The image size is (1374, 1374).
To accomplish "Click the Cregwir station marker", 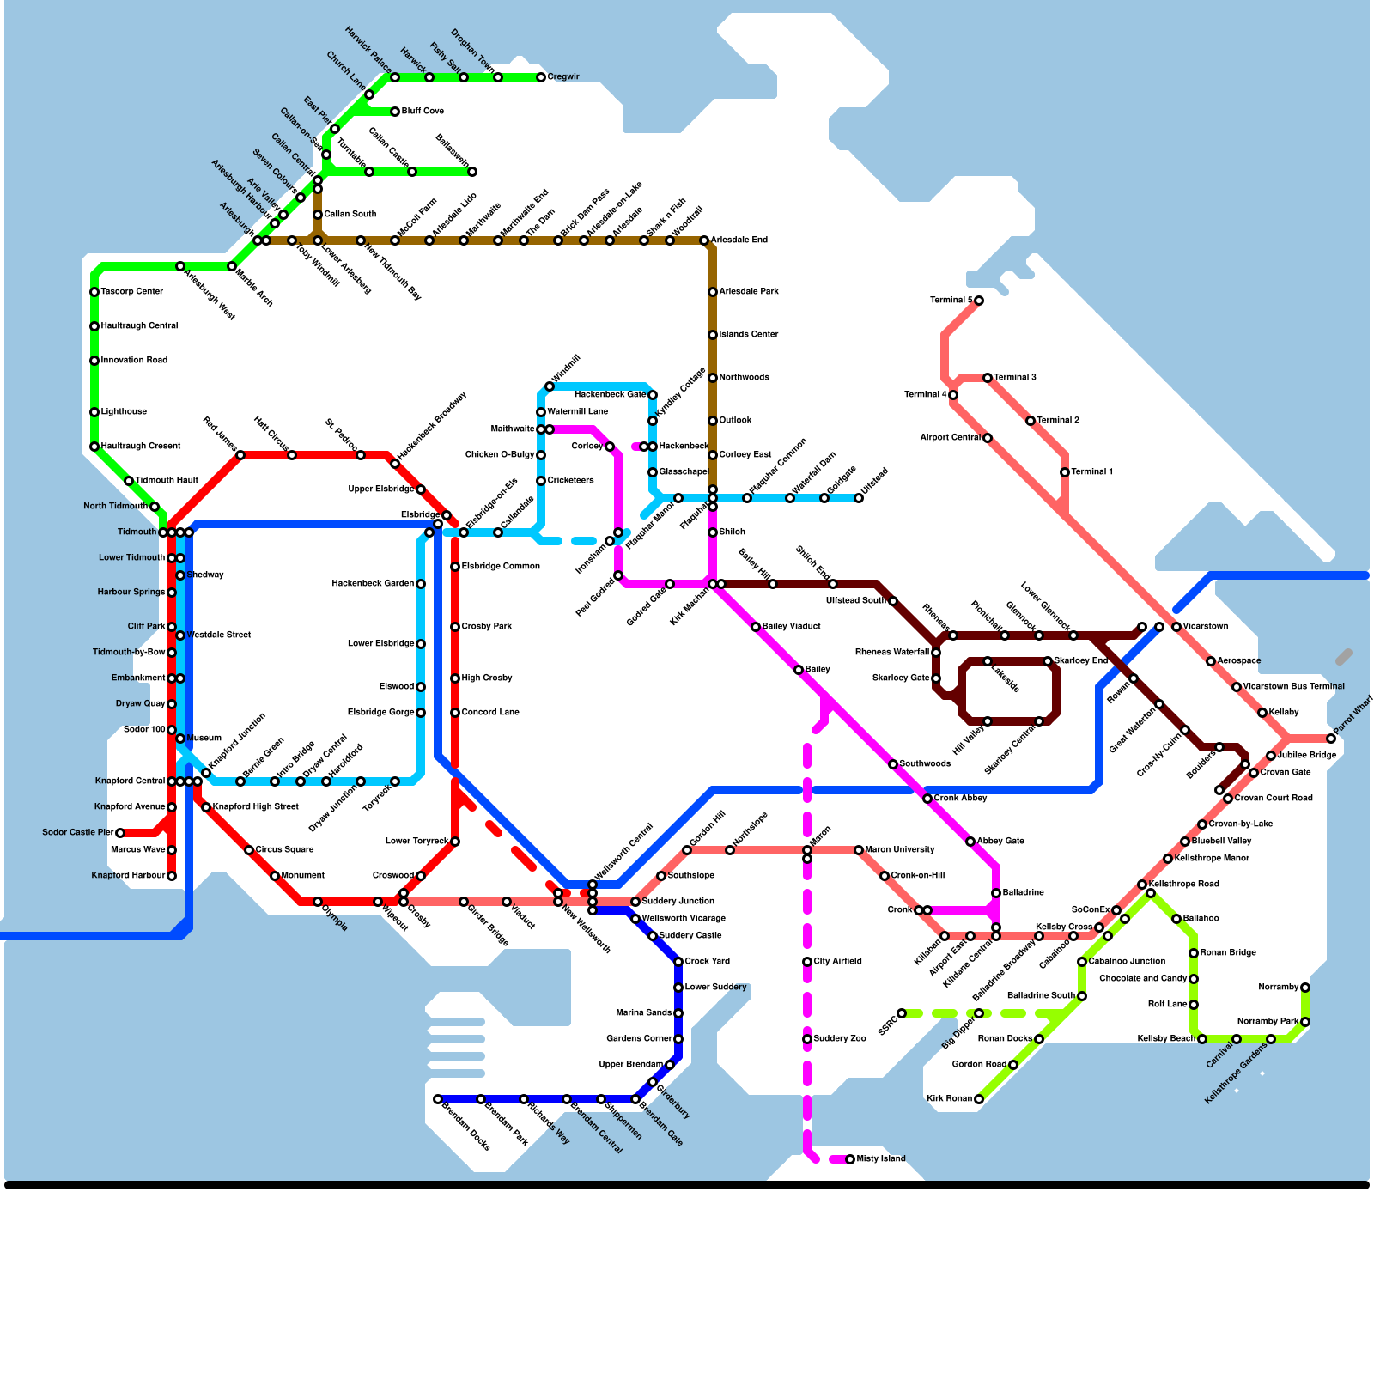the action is [x=541, y=77].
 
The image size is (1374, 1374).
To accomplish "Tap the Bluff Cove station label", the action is [x=423, y=112].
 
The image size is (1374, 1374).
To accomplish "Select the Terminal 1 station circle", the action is [x=1065, y=472].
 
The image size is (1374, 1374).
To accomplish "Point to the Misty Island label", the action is [x=881, y=1159].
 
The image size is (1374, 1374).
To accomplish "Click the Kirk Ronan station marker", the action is [x=979, y=1099].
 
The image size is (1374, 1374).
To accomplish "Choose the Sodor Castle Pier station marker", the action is [x=120, y=833].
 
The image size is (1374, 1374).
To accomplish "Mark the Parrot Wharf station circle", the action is [x=1331, y=739].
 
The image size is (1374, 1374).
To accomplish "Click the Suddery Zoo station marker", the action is [x=807, y=1039].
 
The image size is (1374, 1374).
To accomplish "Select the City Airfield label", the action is [x=837, y=962].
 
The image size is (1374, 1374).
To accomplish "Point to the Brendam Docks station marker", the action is [x=438, y=1099].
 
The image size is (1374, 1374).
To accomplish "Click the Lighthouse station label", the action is [x=124, y=412].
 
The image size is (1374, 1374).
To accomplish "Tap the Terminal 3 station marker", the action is [x=988, y=378].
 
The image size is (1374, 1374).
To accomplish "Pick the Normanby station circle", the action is [x=1305, y=988].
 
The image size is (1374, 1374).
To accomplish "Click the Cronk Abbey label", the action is [x=960, y=799].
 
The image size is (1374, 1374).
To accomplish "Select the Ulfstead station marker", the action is [x=859, y=498].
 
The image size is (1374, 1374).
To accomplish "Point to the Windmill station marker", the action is [x=550, y=386].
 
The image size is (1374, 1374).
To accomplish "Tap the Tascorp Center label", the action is [x=131, y=292].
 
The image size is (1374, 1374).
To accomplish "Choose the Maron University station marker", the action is [x=859, y=850].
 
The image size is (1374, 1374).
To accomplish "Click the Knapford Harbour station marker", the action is [x=172, y=876].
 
